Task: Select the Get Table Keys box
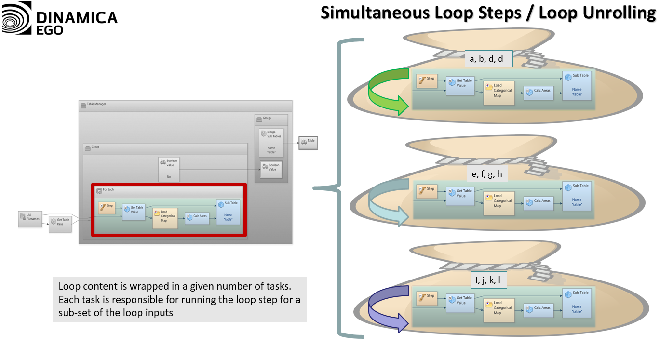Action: pyautogui.click(x=60, y=224)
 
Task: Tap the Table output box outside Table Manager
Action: pyautogui.click(x=308, y=143)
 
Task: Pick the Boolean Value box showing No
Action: pyautogui.click(x=169, y=169)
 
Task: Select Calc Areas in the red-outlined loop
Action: pyautogui.click(x=197, y=218)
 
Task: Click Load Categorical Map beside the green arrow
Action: pyautogui.click(x=498, y=93)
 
